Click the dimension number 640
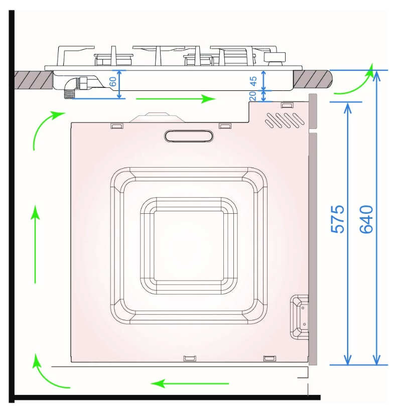(x=366, y=219)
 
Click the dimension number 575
(x=338, y=219)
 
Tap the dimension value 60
(x=113, y=82)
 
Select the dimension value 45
(x=253, y=81)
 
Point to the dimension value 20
(x=253, y=96)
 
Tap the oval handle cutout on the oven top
(x=189, y=136)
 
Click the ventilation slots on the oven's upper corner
(x=285, y=120)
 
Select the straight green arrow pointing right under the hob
(x=176, y=99)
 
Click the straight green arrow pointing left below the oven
(x=190, y=383)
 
